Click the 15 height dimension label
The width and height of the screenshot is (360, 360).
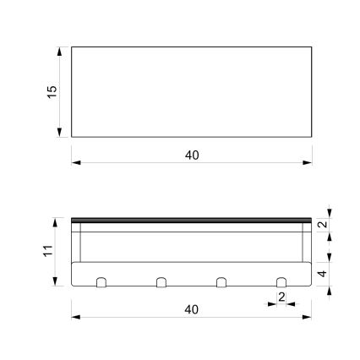(52, 90)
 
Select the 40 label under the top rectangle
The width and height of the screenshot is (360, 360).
(192, 155)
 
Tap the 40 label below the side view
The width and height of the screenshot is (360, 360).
(192, 309)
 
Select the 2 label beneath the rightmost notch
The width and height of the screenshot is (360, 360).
(281, 297)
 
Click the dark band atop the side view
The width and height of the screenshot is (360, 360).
(192, 220)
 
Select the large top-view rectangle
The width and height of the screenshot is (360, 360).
(192, 90)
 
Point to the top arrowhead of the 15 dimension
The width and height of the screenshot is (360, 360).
(60, 51)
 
